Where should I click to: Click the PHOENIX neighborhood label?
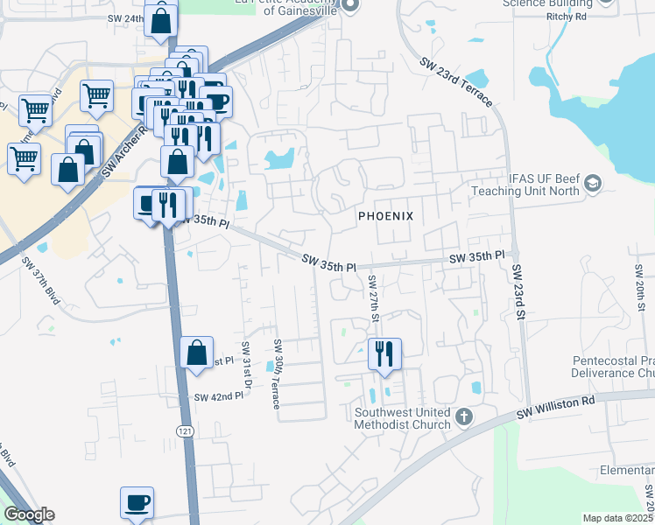click(384, 215)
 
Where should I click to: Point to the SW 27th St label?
click(372, 297)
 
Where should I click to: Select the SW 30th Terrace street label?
click(277, 374)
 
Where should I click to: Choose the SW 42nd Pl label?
click(218, 396)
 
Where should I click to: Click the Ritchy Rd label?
click(614, 17)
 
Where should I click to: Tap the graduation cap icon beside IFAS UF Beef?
click(593, 183)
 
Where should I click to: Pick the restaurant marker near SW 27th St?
click(384, 354)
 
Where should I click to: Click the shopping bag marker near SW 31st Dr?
click(197, 353)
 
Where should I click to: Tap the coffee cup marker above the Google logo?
click(137, 502)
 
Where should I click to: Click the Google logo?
click(29, 514)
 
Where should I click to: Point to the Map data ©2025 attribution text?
click(617, 518)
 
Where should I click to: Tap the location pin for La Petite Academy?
click(349, 6)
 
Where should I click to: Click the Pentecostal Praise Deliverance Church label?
click(613, 367)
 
